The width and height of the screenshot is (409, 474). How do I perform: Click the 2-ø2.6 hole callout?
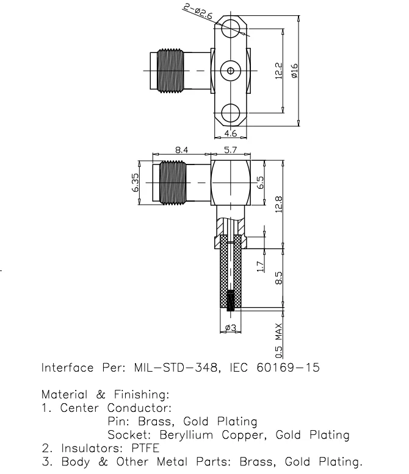pos(198,12)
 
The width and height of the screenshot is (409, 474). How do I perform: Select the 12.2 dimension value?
pos(278,71)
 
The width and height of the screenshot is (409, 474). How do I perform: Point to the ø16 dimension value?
pos(294,71)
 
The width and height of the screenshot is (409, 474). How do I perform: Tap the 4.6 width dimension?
pos(230,133)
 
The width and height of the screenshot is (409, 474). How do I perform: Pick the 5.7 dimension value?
pos(231,148)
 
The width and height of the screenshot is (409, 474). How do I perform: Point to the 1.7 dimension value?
pos(261,266)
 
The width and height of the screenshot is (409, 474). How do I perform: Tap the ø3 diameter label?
pos(230,328)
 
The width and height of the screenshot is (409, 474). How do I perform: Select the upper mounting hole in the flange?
pos(230,29)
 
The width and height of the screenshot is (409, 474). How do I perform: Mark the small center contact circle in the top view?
pos(230,71)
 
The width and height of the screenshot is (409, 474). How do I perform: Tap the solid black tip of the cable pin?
pos(230,301)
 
